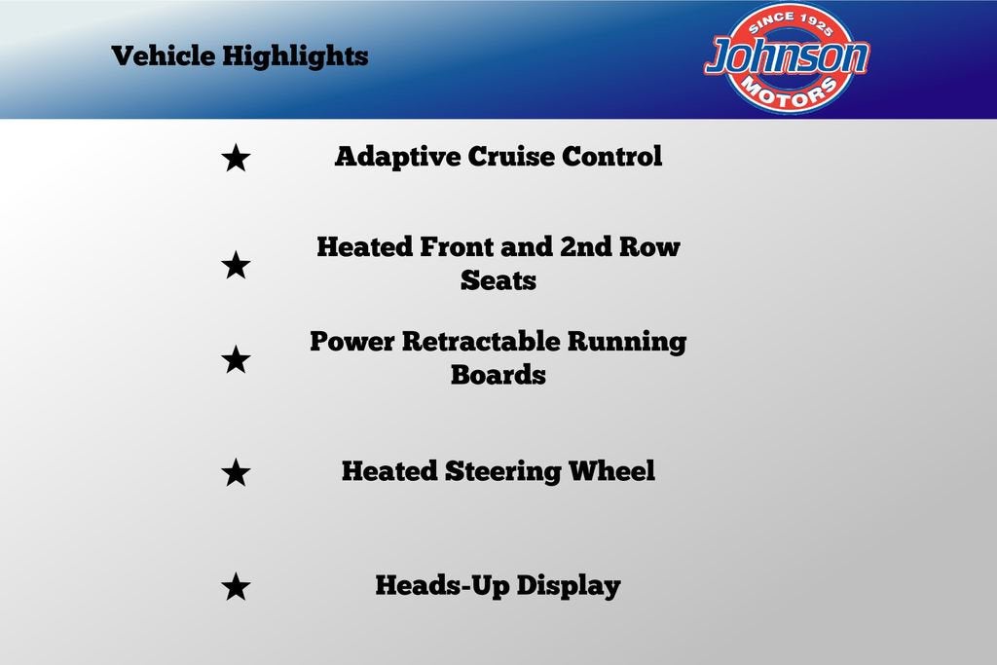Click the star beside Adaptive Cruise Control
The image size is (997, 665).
point(236,158)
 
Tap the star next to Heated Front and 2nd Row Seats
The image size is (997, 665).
point(236,265)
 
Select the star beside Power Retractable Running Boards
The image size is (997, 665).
point(236,359)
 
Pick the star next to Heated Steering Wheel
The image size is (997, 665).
point(236,472)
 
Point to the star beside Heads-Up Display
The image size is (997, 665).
point(236,586)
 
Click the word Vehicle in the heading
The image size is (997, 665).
point(164,55)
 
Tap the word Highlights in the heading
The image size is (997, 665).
point(295,55)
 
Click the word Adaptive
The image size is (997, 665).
point(397,157)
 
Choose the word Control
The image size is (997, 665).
point(611,156)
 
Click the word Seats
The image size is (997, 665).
point(498,280)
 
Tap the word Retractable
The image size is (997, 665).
point(481,342)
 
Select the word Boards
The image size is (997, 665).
point(498,375)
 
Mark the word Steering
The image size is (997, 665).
point(502,471)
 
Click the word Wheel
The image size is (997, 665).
point(611,471)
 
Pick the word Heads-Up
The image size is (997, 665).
point(442,586)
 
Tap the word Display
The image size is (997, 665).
point(569,586)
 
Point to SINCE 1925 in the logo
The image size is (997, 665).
point(789,23)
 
